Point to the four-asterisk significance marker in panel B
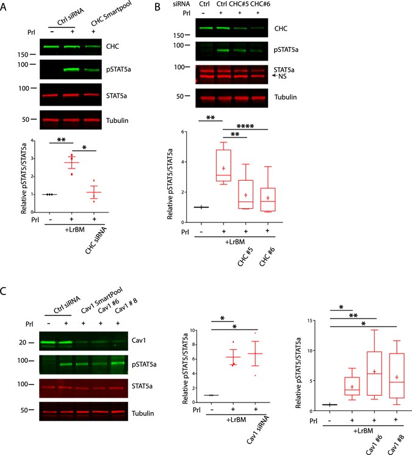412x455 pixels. (245, 128)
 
